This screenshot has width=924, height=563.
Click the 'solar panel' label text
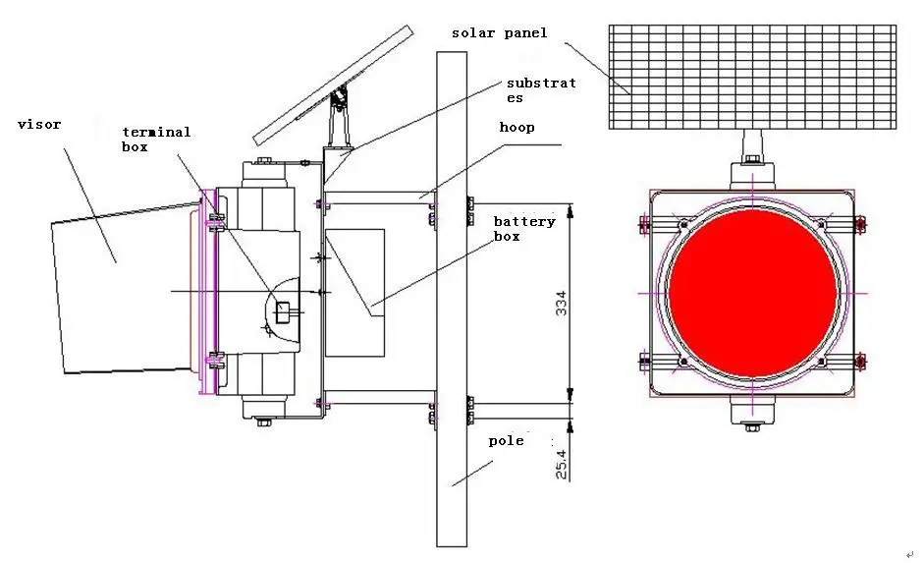499,33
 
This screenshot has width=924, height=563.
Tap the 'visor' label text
39,125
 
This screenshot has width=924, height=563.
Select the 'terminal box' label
156,139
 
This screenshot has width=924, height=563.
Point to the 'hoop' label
516,128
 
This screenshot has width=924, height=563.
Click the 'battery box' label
523,228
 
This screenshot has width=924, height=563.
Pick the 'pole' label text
506,441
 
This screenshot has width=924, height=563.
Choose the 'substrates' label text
541,89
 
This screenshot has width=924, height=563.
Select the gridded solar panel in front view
752,77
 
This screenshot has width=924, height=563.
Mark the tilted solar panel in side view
332,84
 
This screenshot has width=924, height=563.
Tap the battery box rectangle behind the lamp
354,292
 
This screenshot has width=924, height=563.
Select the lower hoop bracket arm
378,402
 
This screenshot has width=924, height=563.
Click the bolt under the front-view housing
752,427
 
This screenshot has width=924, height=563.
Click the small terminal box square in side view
283,311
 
